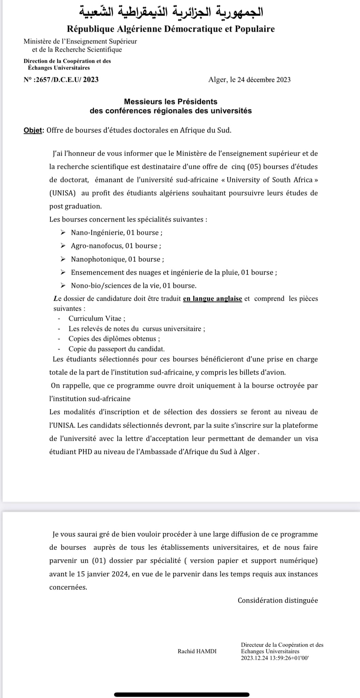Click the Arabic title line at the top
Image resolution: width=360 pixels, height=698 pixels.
(x=171, y=13)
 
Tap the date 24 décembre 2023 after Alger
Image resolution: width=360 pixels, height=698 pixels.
(x=264, y=80)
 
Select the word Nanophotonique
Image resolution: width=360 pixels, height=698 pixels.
(x=98, y=259)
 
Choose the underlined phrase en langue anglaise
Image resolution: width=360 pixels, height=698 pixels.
(x=212, y=299)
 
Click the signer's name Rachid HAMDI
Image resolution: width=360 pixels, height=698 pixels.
(x=197, y=651)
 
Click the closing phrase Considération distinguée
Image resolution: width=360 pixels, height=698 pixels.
(x=277, y=601)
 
